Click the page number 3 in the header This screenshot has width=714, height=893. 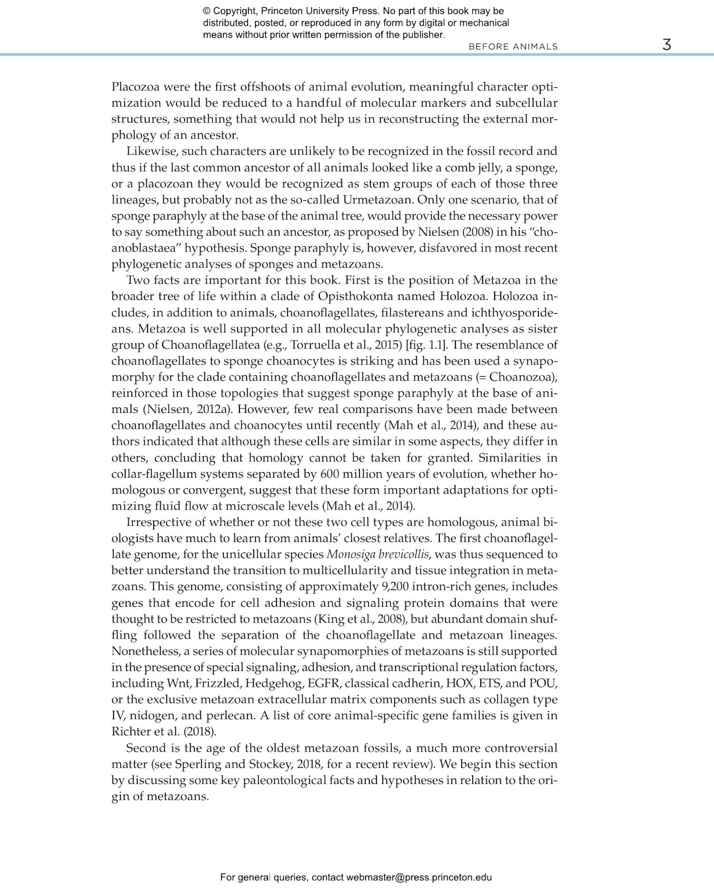pos(666,45)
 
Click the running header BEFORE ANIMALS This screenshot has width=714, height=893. pos(513,47)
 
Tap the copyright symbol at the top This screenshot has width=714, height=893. pos(207,11)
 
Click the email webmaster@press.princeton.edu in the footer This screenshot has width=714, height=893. pos(419,877)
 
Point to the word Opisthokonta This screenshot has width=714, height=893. pos(356,296)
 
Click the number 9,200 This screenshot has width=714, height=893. pos(395,587)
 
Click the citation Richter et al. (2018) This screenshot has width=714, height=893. pos(164,732)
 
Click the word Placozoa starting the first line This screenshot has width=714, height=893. pos(135,87)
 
